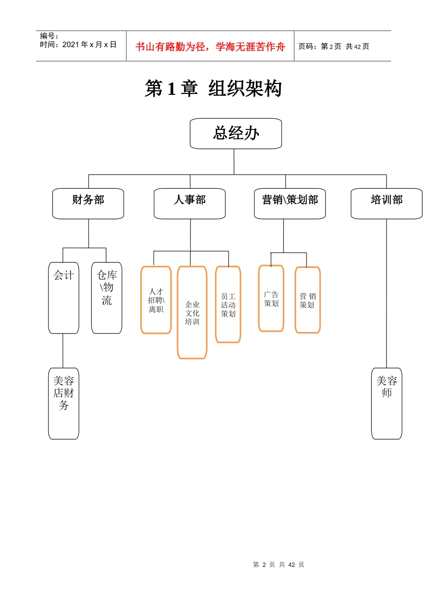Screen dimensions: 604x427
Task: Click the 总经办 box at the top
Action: (x=236, y=133)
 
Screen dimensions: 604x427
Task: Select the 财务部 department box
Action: (x=88, y=200)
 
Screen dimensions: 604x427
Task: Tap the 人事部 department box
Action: (x=190, y=200)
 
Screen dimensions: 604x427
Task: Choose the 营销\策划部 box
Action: (x=290, y=200)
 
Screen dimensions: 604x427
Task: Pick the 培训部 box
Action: (x=387, y=200)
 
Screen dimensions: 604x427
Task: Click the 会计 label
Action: (x=64, y=275)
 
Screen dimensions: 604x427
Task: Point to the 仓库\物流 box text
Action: (x=107, y=288)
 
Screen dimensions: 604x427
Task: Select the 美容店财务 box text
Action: (x=64, y=393)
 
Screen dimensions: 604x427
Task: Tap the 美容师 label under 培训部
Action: (x=387, y=387)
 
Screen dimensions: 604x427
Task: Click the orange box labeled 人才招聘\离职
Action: (x=156, y=301)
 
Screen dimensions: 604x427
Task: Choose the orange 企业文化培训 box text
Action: (x=192, y=313)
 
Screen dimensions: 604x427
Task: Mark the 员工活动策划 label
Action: (x=228, y=305)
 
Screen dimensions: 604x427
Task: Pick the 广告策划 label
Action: (x=271, y=299)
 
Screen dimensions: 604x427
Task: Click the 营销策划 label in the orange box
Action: (x=307, y=301)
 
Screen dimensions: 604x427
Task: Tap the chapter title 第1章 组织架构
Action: (x=213, y=89)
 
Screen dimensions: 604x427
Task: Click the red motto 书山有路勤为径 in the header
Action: (x=210, y=47)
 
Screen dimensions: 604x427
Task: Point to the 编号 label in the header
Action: (x=49, y=36)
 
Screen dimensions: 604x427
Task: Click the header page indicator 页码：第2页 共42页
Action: (x=334, y=47)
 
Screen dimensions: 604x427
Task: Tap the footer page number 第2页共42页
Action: (x=278, y=564)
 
